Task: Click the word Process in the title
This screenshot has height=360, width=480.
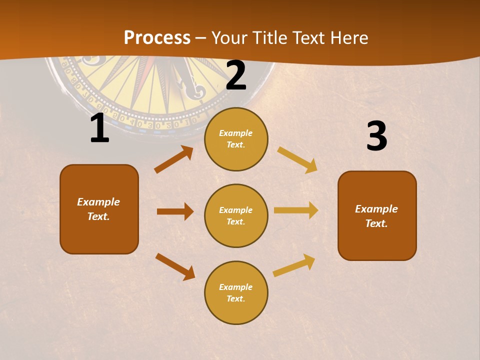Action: point(157,38)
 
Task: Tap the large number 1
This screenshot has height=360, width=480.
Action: point(99,129)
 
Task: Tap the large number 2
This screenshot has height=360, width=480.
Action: point(236,75)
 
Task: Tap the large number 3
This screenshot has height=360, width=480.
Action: point(376,136)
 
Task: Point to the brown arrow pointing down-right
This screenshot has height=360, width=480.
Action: point(175,266)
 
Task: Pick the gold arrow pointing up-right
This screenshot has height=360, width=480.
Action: point(294,265)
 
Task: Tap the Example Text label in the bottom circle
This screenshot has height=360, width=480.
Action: point(236,293)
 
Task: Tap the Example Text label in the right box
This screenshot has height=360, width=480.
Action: point(376,216)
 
